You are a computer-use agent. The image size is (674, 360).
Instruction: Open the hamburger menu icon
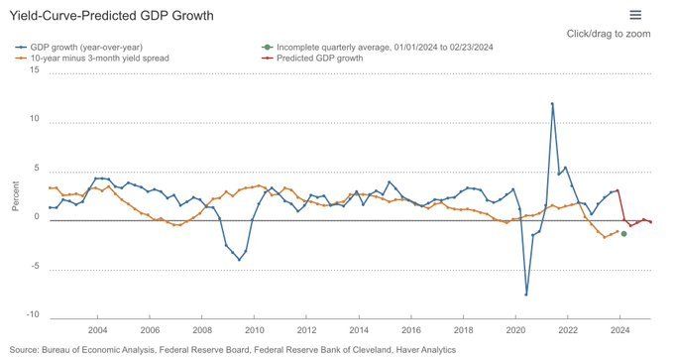coord(635,15)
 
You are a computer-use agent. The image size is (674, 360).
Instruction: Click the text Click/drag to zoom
coord(609,34)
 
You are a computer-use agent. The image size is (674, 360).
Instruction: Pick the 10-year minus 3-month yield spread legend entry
coord(99,59)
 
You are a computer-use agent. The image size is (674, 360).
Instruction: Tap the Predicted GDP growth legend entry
coord(319,59)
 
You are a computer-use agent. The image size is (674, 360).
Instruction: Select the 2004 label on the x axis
coord(98,329)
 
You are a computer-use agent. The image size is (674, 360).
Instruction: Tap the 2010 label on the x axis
coord(254,329)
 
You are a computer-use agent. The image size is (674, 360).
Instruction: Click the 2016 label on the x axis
coord(410,329)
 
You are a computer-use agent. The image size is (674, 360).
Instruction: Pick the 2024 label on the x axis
coord(618,329)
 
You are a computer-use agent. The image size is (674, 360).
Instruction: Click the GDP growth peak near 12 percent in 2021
coord(552,103)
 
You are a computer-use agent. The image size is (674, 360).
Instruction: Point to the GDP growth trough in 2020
coord(526,295)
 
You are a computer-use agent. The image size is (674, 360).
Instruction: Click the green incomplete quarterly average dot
coord(623,234)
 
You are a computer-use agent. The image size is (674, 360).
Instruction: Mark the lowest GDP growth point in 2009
coord(239,260)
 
